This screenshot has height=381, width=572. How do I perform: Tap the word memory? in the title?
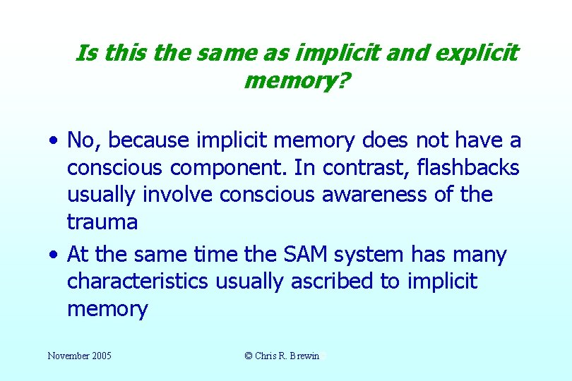[296, 81]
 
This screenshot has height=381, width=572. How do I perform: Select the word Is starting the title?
[85, 53]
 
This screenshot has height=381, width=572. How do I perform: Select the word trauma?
[102, 223]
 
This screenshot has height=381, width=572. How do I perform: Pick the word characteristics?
[137, 282]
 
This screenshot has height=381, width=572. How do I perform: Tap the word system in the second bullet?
[389, 255]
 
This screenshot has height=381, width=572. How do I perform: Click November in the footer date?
[67, 356]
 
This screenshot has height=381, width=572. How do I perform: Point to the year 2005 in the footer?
[100, 356]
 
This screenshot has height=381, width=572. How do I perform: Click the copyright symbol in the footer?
[249, 356]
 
